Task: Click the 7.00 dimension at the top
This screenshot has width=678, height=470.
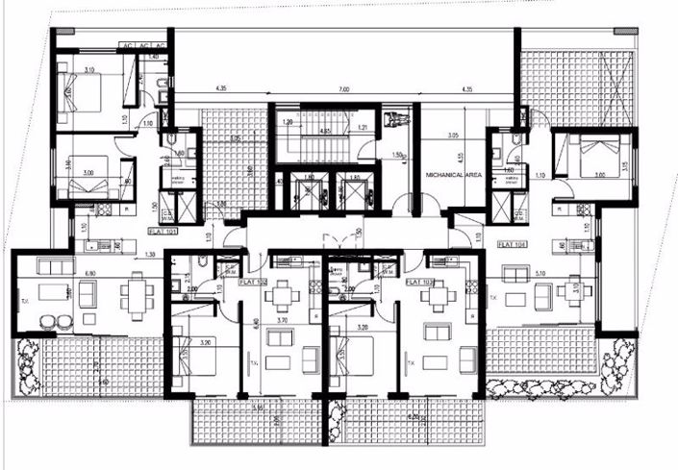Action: (x=342, y=90)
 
